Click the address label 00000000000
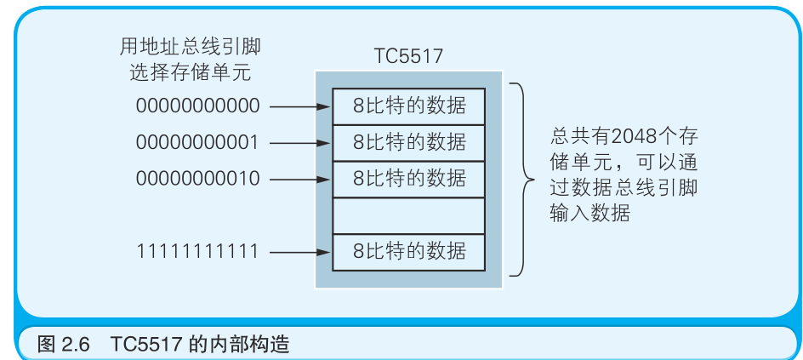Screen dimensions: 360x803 (x=197, y=106)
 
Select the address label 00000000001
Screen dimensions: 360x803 (x=197, y=143)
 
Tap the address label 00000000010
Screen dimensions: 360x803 (x=197, y=180)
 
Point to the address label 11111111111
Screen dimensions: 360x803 (x=197, y=251)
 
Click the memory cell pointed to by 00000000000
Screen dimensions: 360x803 (x=409, y=106)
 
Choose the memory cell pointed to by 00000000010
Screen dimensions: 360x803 (x=409, y=179)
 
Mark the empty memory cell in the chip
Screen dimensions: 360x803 (x=409, y=215)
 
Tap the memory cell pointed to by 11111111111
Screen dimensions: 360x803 (x=409, y=252)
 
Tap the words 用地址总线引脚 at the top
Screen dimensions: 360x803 (x=197, y=45)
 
